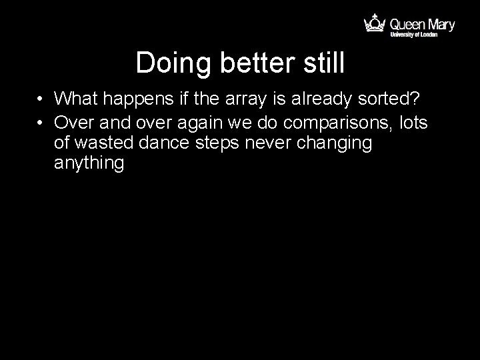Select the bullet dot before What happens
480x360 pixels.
click(41, 99)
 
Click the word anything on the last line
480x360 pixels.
click(89, 164)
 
